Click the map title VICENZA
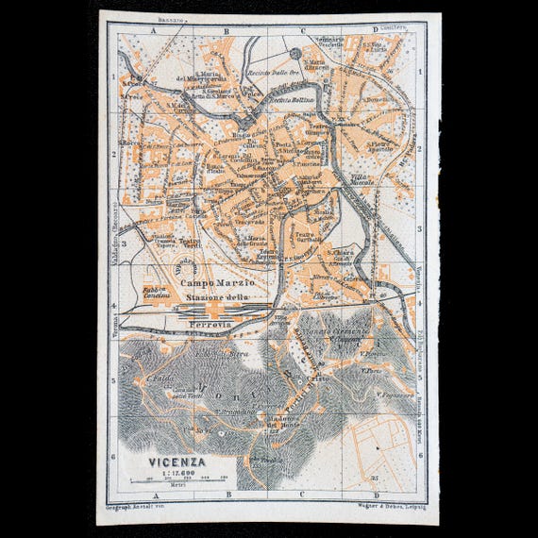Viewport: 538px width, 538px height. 177,462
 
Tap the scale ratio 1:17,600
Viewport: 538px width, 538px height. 177,473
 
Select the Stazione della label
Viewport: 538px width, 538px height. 217,298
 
